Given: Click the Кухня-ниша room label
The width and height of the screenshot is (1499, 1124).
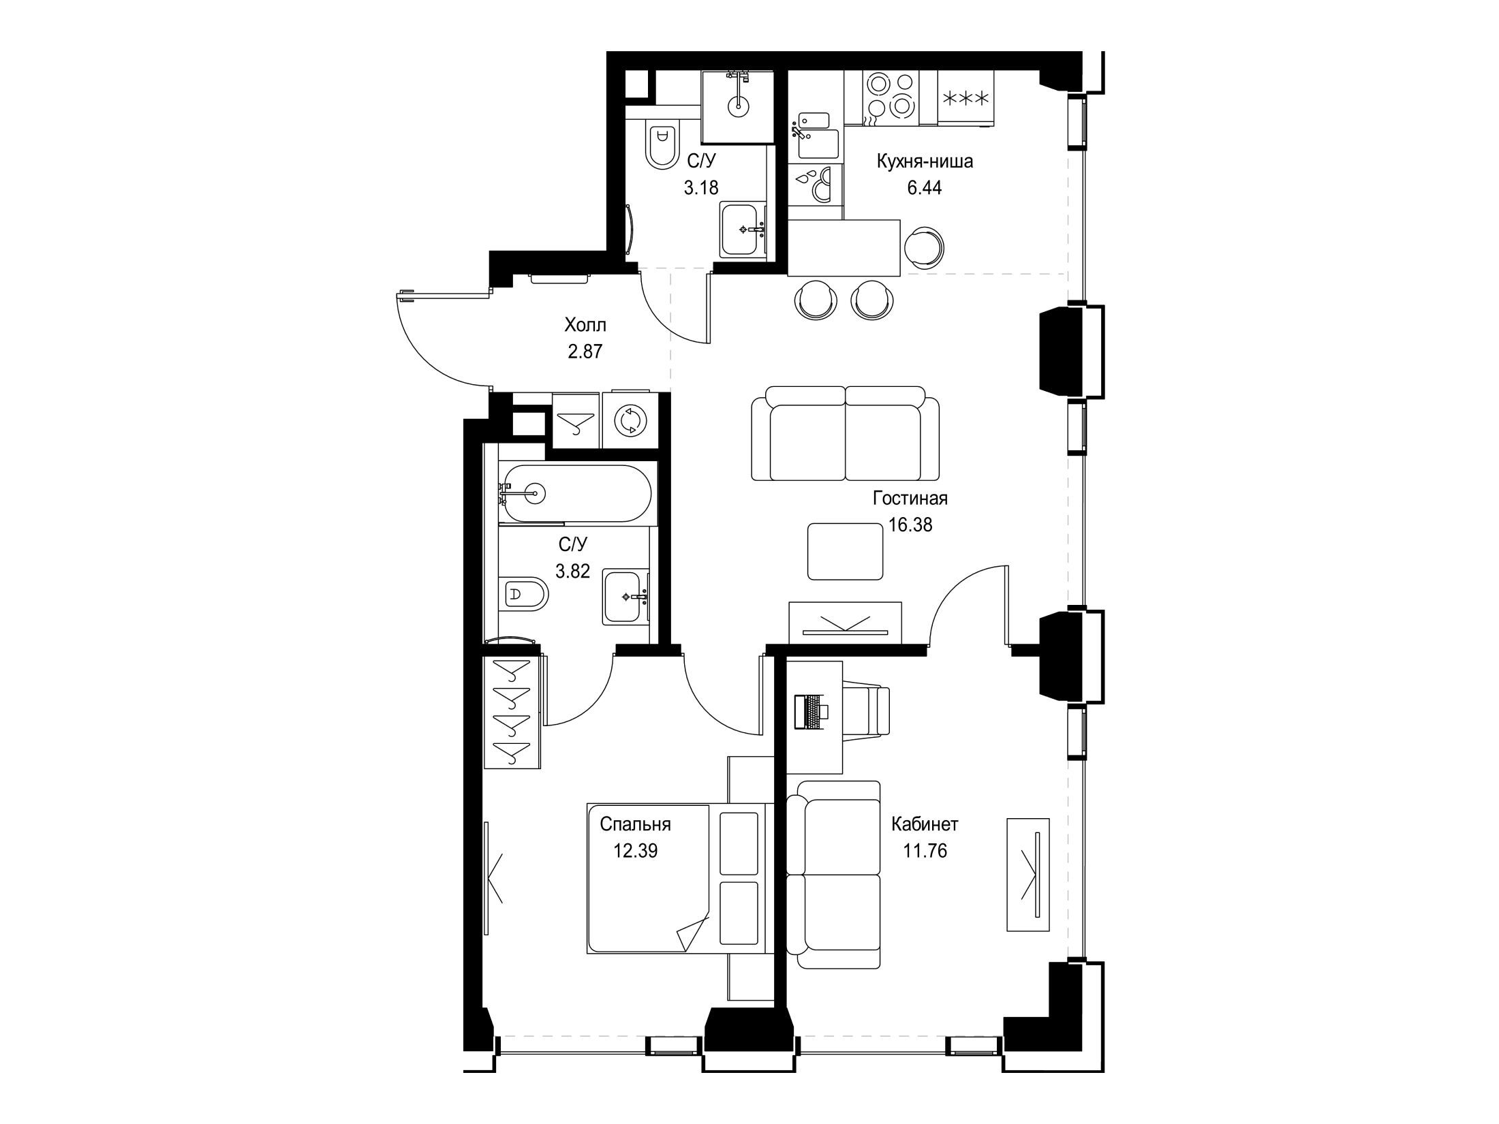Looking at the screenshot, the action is pos(925,162).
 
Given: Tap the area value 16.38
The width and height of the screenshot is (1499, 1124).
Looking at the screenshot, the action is pos(910,525).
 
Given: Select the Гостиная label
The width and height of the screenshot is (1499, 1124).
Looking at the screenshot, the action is pos(910,499).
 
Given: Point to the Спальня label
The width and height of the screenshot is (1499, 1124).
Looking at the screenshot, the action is pos(635,824).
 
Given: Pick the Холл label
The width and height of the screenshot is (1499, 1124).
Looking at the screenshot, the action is pos(585,325).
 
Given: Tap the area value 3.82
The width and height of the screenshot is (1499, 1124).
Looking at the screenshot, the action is pos(572,571).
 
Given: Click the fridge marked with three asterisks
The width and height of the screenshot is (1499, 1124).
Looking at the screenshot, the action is pos(965,99).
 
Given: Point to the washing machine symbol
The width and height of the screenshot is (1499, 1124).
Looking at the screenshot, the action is pos(630,420).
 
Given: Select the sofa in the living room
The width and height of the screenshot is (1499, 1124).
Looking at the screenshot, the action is pos(845,443).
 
